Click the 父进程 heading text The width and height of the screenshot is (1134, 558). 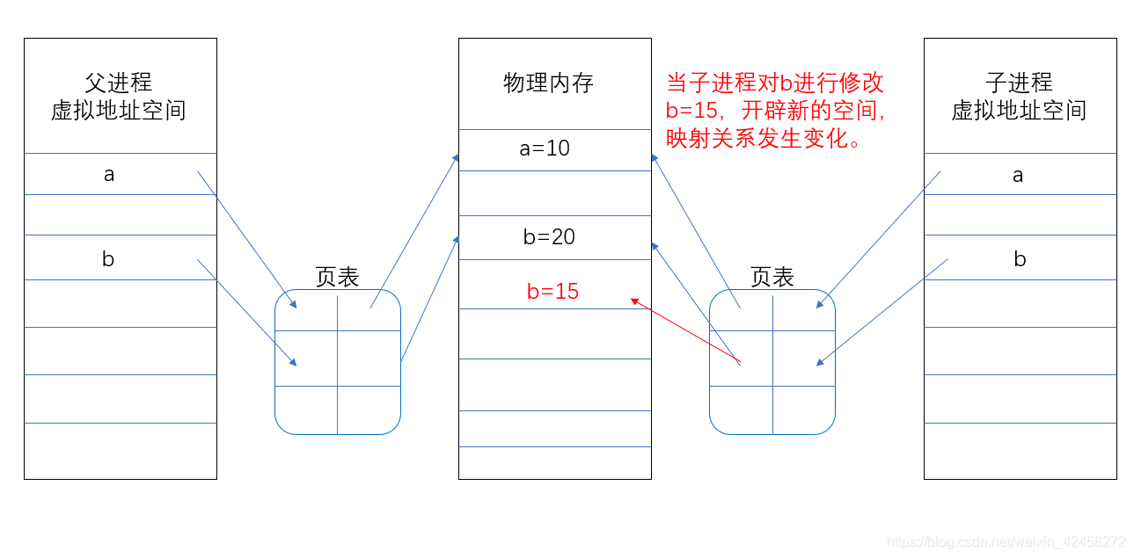119,83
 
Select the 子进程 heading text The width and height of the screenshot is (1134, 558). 1019,83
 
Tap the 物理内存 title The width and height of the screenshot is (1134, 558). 548,83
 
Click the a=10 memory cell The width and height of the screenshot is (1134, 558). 545,149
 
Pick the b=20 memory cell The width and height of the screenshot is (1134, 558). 549,236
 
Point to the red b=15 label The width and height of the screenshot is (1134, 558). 552,292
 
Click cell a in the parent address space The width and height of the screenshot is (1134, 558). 109,174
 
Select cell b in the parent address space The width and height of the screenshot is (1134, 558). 108,259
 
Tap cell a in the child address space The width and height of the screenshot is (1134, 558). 1018,175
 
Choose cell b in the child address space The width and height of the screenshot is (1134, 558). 1020,259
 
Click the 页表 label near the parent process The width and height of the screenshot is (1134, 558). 337,278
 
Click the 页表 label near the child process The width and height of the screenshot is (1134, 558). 772,278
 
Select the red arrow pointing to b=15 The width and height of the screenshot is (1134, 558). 686,331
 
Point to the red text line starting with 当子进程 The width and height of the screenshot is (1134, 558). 774,83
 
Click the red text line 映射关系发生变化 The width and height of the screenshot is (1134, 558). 763,139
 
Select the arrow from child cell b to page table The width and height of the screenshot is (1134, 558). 882,312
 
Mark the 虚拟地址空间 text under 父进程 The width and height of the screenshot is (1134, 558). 119,111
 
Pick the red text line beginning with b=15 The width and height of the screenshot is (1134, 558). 774,112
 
